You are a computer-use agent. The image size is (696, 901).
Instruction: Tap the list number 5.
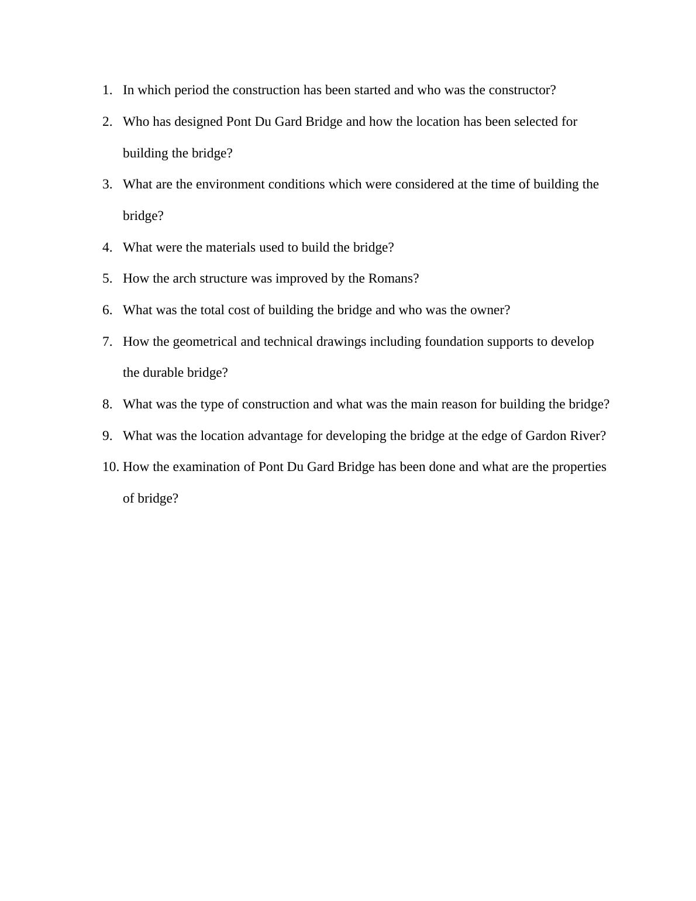tap(107, 278)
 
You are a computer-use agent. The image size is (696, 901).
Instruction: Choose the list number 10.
tap(111, 467)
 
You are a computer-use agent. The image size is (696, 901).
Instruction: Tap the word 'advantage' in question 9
tap(275, 436)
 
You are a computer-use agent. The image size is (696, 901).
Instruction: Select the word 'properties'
tap(579, 467)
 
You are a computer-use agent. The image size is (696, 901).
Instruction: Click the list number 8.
tap(107, 404)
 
